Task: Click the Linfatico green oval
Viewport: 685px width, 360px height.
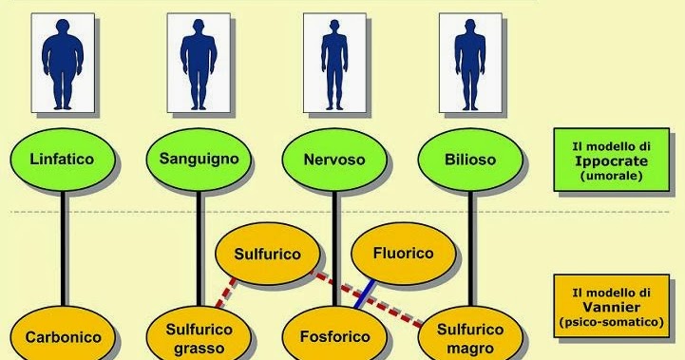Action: point(62,160)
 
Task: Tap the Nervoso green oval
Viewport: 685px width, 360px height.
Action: point(335,160)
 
